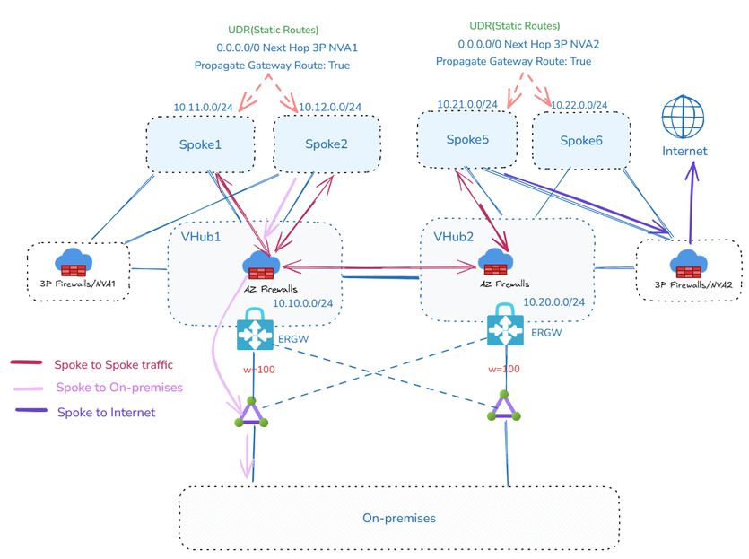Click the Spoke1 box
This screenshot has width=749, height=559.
(x=199, y=144)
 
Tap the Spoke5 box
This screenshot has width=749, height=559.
(x=467, y=139)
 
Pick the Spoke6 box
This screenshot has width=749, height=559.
(x=580, y=140)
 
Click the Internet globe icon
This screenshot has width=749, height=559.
(x=684, y=119)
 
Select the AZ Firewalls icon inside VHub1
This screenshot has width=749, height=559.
(x=261, y=266)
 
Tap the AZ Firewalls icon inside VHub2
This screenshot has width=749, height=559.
(x=496, y=263)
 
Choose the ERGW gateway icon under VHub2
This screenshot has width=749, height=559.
(x=505, y=328)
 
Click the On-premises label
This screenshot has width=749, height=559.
(x=398, y=518)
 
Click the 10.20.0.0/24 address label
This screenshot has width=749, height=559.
(x=554, y=302)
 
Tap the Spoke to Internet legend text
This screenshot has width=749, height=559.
(x=106, y=413)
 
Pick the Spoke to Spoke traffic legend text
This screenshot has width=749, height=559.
(x=113, y=364)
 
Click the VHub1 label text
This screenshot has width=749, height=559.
(x=201, y=238)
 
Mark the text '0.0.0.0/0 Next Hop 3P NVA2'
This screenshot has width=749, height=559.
(x=528, y=43)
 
